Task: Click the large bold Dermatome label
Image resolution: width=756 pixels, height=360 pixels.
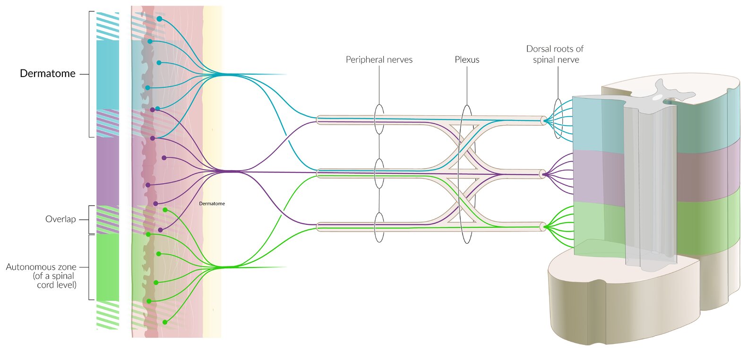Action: [x=48, y=74]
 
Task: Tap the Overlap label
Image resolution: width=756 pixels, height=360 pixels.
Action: [x=60, y=219]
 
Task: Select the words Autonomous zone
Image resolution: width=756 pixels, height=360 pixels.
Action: [x=41, y=267]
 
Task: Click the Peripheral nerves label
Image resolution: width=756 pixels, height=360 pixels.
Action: [x=379, y=60]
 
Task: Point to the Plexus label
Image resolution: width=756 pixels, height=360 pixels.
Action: [x=467, y=60]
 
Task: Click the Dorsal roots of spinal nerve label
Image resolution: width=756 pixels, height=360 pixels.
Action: [x=555, y=54]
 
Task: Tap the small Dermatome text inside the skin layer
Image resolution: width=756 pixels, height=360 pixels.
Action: [x=212, y=204]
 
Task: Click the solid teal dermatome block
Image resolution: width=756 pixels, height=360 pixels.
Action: [x=108, y=75]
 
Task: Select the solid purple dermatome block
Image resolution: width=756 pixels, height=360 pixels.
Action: [x=108, y=171]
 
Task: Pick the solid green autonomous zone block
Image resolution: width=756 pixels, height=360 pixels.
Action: [x=108, y=267]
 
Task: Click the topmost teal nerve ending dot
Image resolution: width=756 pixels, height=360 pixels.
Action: [x=160, y=19]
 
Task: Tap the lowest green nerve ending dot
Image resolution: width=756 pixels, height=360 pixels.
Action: [x=165, y=322]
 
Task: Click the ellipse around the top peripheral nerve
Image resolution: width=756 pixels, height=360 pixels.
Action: [x=379, y=120]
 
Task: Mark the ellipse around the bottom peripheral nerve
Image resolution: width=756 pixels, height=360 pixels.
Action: [x=379, y=227]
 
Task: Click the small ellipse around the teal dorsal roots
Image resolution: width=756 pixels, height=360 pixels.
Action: [x=558, y=119]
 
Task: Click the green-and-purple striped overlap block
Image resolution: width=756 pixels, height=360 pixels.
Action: [x=108, y=220]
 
